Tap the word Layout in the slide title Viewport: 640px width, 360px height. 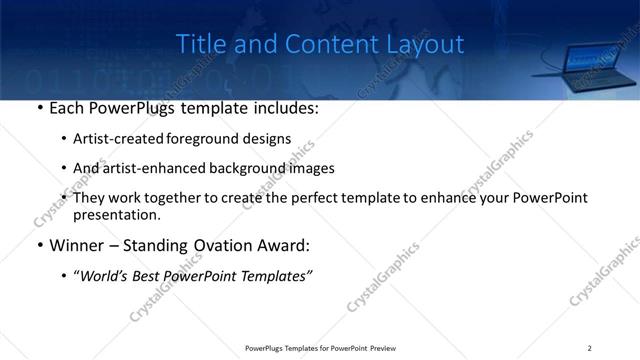click(x=428, y=44)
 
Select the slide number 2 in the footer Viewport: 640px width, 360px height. click(x=590, y=347)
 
